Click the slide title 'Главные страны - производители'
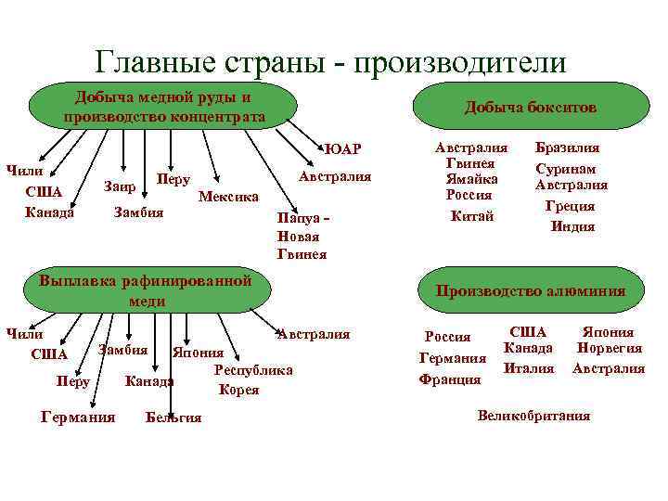[330, 61]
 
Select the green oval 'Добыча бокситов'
[530, 109]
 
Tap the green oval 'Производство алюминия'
[530, 291]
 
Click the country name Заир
[121, 186]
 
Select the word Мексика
[229, 198]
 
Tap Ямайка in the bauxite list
[472, 178]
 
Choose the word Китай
[472, 216]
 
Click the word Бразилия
[567, 148]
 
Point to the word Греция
[572, 206]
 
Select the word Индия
[572, 225]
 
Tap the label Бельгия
[173, 417]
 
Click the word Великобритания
[533, 416]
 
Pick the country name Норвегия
[608, 348]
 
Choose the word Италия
[528, 368]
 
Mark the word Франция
[450, 379]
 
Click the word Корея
[238, 390]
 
